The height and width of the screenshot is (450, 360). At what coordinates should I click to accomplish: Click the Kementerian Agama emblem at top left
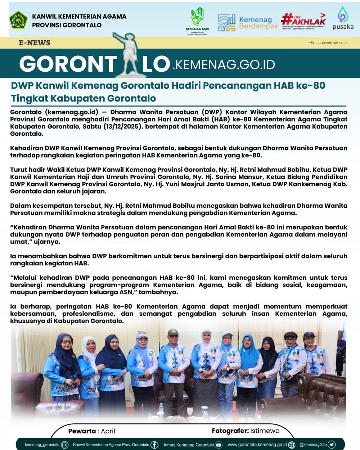[x=18, y=20]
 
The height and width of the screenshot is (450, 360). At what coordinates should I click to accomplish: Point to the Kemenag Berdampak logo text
[x=258, y=23]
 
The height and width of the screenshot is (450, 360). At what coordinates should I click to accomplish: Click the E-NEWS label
[x=35, y=43]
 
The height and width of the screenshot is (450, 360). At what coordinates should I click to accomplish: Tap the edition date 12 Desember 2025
[x=327, y=43]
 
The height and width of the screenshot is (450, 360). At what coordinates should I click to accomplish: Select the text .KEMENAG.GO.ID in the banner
[x=224, y=64]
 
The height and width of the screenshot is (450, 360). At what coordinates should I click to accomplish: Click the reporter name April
[x=108, y=431]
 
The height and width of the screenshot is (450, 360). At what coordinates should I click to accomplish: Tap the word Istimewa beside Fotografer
[x=265, y=431]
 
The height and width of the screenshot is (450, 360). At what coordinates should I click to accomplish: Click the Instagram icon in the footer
[x=65, y=445]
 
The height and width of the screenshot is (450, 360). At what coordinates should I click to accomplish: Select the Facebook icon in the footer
[x=154, y=445]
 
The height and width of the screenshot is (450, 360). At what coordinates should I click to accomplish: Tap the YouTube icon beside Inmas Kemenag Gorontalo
[x=219, y=445]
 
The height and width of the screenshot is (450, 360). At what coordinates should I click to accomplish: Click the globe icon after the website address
[x=292, y=445]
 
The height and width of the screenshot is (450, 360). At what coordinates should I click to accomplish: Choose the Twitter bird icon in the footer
[x=332, y=445]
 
